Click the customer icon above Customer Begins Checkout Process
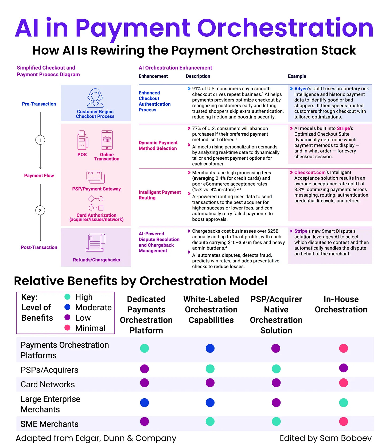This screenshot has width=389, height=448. (x=95, y=98)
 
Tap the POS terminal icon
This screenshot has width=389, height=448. (x=82, y=140)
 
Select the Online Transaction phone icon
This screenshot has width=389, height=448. (x=107, y=140)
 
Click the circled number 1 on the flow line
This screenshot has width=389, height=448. (x=40, y=140)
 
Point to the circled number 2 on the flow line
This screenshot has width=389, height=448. (x=40, y=210)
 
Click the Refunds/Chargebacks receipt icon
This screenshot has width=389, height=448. (x=96, y=243)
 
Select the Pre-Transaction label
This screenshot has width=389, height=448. (x=39, y=104)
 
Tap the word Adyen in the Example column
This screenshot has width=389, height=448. (x=301, y=89)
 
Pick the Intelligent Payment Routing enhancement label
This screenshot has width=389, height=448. (x=160, y=195)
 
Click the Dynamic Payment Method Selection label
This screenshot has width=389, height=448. (x=158, y=145)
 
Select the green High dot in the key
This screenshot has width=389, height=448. (x=67, y=297)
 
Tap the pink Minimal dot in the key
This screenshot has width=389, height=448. (x=67, y=328)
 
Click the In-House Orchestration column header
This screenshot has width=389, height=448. (x=341, y=304)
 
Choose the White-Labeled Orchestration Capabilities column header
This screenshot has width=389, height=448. (x=211, y=309)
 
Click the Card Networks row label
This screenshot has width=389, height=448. (x=48, y=384)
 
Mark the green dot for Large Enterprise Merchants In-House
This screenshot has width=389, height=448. (x=343, y=403)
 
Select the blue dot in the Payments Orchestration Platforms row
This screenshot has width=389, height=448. (x=210, y=348)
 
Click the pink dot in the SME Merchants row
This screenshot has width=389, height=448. (x=343, y=422)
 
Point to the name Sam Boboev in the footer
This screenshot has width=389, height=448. (x=345, y=438)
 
